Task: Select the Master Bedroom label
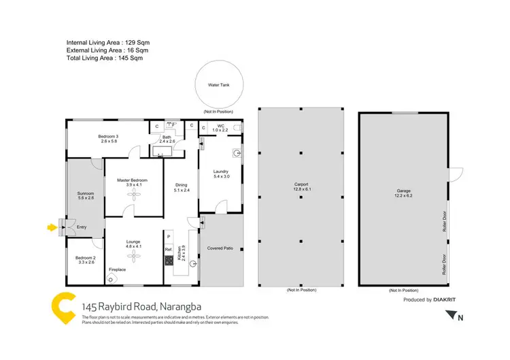pos(133,180)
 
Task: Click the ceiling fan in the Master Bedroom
pos(133,195)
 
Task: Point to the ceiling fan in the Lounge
pos(133,255)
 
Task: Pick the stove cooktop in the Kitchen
pos(168,260)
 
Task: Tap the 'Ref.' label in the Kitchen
pos(168,250)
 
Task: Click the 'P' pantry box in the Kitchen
pos(168,236)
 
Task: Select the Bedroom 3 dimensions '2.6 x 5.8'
pos(108,142)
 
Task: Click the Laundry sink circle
pos(235,153)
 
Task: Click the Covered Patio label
pos(220,248)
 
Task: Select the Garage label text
pos(403,191)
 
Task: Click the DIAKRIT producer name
pos(447,299)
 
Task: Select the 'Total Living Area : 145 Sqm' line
pos(105,58)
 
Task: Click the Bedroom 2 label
pos(80,257)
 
